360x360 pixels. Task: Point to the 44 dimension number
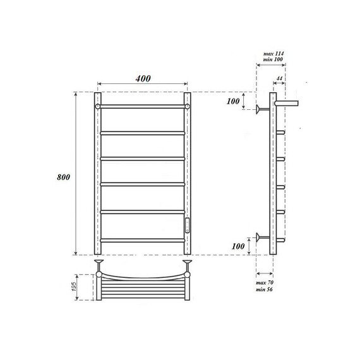(279, 78)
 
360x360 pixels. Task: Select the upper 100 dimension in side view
(234, 101)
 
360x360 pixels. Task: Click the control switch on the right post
(187, 225)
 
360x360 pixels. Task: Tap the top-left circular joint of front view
(98, 107)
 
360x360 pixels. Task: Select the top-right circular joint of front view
(187, 107)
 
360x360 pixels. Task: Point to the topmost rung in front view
(142, 107)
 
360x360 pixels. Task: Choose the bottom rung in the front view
(142, 240)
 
